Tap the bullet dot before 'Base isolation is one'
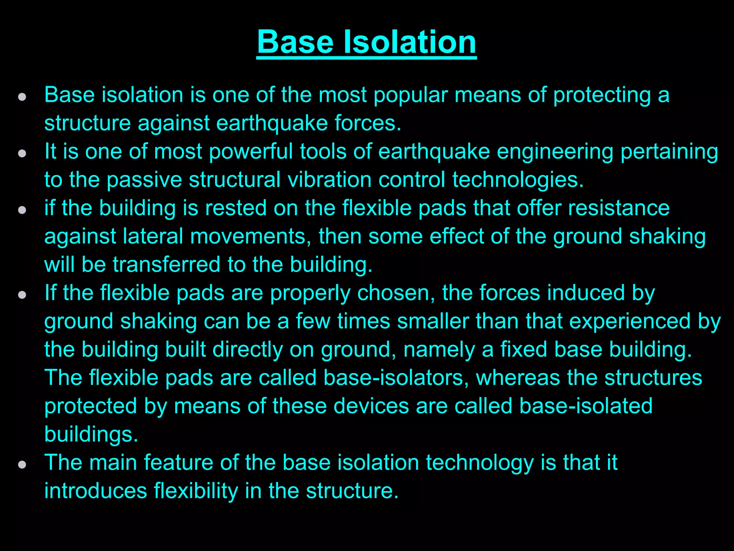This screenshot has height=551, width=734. pos(22,97)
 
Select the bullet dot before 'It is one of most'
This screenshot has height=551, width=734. pos(22,154)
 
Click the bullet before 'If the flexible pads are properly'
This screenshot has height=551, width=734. pos(22,295)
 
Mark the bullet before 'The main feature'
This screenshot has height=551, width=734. pos(22,465)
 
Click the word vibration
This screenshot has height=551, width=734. pos(329,180)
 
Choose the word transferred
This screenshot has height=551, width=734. pos(166,265)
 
